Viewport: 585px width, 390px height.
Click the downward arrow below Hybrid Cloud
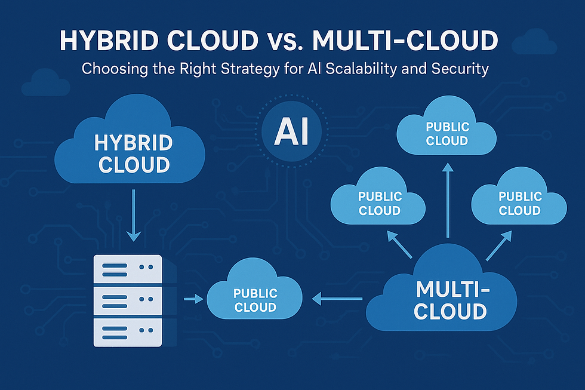point(134,215)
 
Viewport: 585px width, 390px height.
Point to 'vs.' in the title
point(282,41)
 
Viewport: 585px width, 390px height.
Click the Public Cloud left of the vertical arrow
point(378,203)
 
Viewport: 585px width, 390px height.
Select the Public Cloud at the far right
point(519,203)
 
